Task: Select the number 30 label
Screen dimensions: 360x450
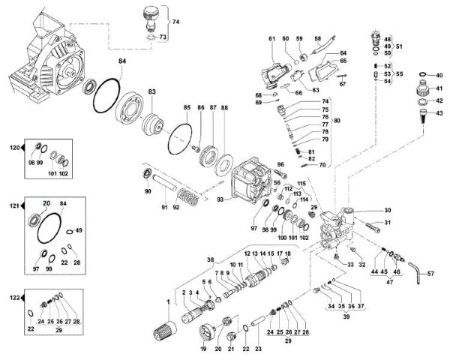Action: coord(388,211)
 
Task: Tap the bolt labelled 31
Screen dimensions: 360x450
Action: coord(373,223)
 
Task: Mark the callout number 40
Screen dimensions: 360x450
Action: coord(439,75)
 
